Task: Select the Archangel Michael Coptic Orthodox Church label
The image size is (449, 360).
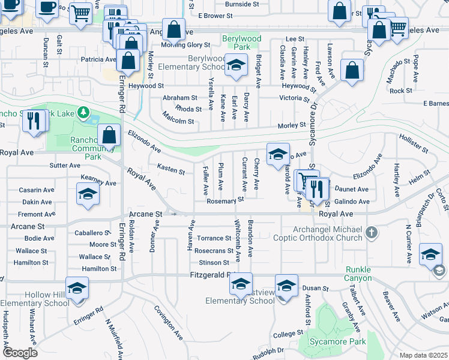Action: [x=328, y=233]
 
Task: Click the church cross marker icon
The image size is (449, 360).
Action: [x=372, y=232]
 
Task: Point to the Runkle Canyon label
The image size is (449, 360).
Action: [x=358, y=273]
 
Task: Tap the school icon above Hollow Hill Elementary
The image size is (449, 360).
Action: [x=77, y=289]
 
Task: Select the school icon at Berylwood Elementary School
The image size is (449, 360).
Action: [x=237, y=65]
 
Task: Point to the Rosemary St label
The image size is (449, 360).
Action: [x=225, y=200]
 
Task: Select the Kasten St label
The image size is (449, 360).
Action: [x=170, y=171]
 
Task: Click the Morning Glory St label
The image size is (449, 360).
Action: [x=185, y=44]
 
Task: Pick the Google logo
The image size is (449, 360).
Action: [x=20, y=352]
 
